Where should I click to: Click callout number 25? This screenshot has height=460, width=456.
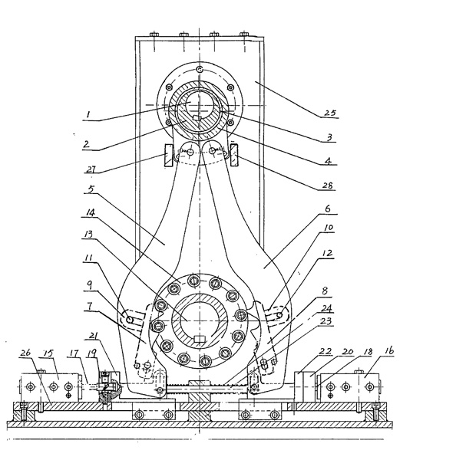pos(329,113)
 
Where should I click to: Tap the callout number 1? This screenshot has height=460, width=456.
pos(88,115)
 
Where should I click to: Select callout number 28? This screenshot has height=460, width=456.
pos(327,185)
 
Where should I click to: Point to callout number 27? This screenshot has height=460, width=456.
pos(91,169)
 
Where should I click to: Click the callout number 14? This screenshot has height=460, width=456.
pos(90,212)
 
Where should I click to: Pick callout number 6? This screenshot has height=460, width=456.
pos(327,209)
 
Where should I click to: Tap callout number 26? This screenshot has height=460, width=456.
pos(25,352)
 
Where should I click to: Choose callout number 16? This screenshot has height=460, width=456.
pos(388,350)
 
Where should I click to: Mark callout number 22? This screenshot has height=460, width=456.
pos(325,351)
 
